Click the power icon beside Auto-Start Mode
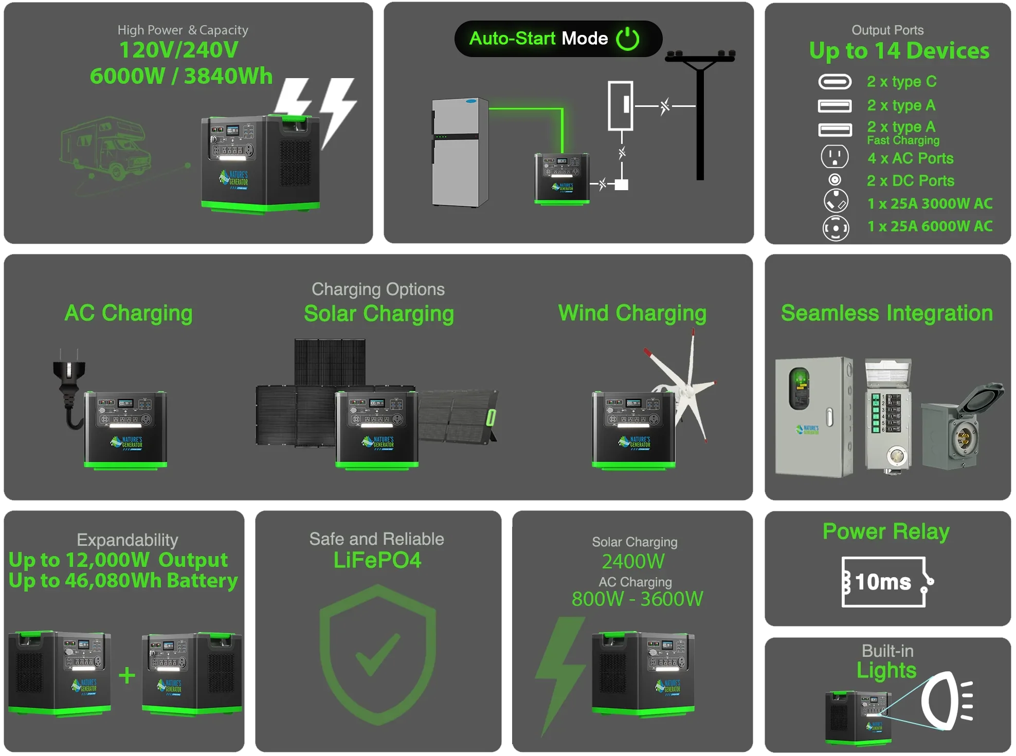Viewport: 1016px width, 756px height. (x=627, y=39)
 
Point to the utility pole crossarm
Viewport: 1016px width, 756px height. (x=700, y=57)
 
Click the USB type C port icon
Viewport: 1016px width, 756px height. (x=834, y=82)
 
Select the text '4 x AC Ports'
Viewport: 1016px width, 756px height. (x=910, y=158)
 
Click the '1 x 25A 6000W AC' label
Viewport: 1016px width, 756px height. (x=930, y=226)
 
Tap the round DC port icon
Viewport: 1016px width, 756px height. (x=835, y=180)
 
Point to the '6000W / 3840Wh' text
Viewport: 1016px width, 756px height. (x=181, y=76)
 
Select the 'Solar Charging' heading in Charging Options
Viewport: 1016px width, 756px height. (x=378, y=314)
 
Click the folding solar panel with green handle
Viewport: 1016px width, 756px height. (x=458, y=415)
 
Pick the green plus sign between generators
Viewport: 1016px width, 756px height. (x=127, y=675)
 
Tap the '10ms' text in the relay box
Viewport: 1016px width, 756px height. (x=883, y=582)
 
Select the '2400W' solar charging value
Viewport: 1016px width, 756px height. (x=633, y=561)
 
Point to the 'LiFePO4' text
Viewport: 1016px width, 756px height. (x=377, y=560)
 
